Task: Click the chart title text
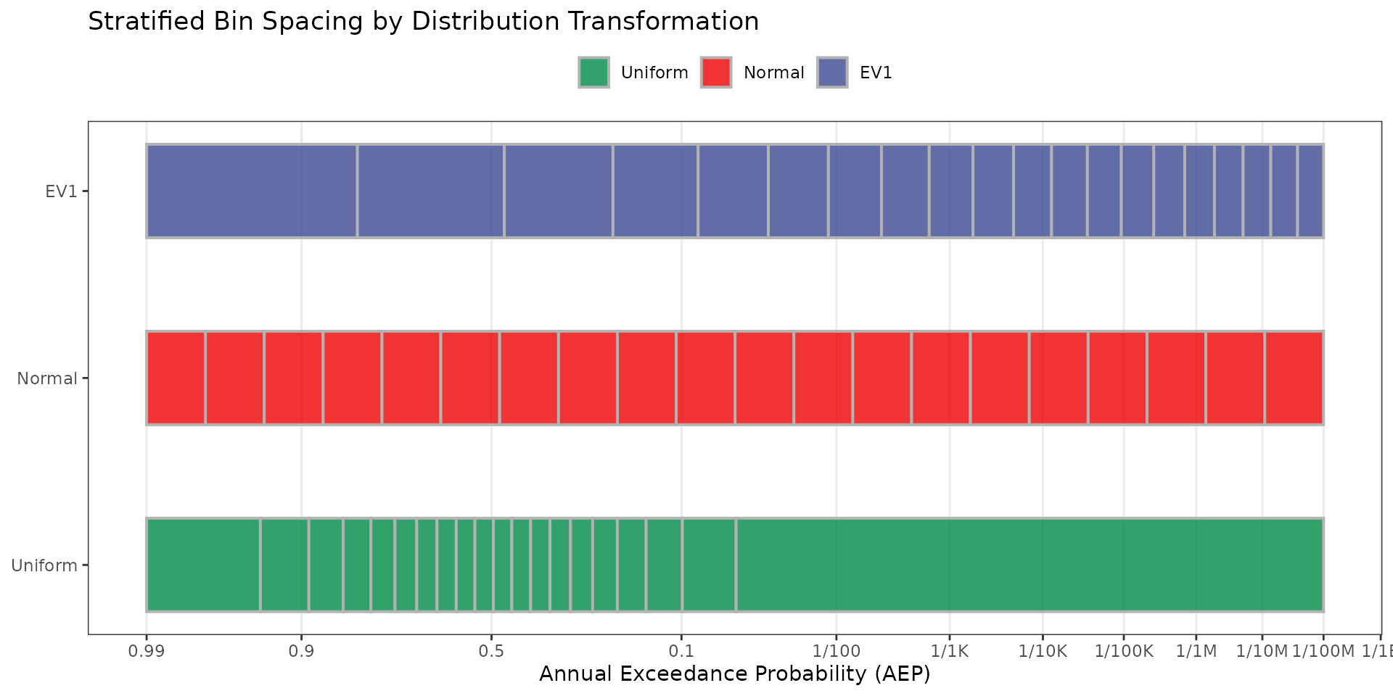[x=423, y=22]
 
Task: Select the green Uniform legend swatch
[x=593, y=72]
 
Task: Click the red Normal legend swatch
[x=716, y=72]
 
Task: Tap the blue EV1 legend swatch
[x=832, y=72]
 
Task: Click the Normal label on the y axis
[x=47, y=378]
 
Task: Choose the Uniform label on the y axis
[x=44, y=565]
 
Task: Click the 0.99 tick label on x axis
[x=147, y=651]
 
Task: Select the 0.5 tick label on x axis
[x=491, y=651]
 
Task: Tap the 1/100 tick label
[x=836, y=651]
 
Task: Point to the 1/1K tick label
[x=950, y=651]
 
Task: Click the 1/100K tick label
[x=1123, y=651]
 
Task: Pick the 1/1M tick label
[x=1196, y=651]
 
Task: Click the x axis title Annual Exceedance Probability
[x=734, y=674]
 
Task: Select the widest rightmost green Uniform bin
[x=1029, y=565]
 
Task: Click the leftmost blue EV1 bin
[x=251, y=191]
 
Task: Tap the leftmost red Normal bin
[x=176, y=378]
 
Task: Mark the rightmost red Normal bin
[x=1294, y=378]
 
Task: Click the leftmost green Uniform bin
[x=203, y=565]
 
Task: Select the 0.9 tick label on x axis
[x=301, y=651]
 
